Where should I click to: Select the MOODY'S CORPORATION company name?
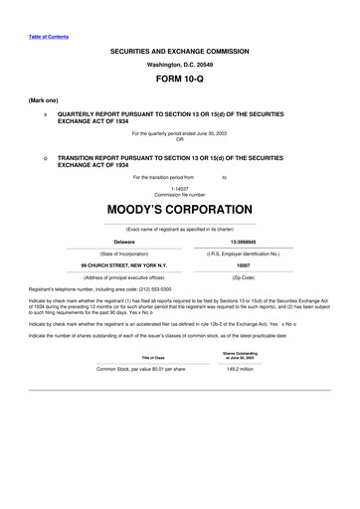179,210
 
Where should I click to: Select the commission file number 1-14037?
179,188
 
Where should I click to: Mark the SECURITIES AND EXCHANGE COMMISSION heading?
179,51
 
